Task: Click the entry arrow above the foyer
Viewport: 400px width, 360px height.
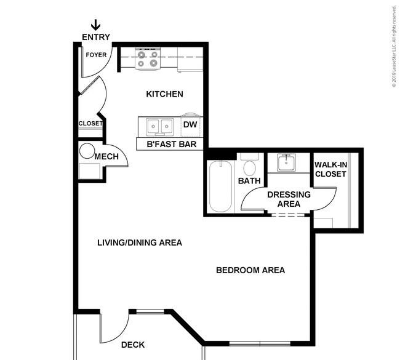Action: pos(95,25)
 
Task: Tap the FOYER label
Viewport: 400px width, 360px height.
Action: pos(96,55)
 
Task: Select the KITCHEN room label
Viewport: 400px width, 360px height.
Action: pos(164,94)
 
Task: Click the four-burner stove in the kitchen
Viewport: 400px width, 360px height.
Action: pos(148,58)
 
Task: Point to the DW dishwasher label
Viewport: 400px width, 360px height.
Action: pos(190,124)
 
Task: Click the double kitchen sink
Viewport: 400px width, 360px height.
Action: pos(160,127)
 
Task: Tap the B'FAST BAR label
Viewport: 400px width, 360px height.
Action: pos(172,144)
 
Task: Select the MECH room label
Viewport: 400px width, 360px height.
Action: pos(106,156)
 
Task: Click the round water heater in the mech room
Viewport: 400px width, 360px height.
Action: pos(87,151)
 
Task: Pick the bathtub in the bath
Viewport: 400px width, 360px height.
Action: pos(221,186)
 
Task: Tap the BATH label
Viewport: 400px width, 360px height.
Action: pos(249,181)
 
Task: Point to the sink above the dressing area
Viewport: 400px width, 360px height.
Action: pos(286,162)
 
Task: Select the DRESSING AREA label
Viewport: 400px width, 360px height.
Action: pos(289,199)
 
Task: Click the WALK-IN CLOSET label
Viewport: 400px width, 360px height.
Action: pos(330,169)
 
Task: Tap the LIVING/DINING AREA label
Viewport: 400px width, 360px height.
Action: pos(140,242)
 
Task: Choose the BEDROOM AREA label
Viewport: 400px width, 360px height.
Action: pos(250,270)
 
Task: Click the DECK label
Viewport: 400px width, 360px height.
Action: pos(133,345)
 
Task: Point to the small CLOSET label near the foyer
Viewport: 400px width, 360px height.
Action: pos(90,124)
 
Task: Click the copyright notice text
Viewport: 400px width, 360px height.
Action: pos(394,46)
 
